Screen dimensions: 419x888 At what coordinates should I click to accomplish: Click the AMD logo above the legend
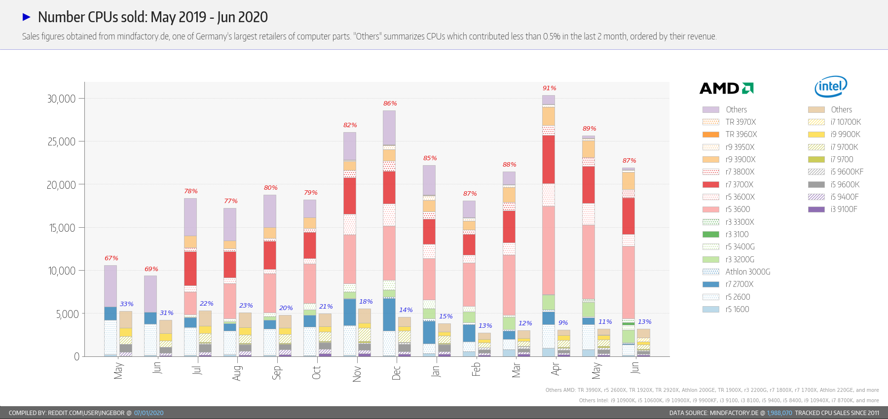point(726,88)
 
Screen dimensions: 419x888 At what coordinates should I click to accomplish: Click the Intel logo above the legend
point(831,87)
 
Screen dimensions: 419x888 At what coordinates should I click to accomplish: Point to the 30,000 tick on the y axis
point(62,99)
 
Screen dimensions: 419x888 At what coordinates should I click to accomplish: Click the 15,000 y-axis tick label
point(62,228)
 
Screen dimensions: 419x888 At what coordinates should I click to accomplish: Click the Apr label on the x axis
point(555,369)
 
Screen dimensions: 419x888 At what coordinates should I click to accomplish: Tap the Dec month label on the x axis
point(396,372)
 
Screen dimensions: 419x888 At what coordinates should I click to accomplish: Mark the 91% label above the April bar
point(549,88)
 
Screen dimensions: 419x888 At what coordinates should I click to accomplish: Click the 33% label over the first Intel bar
point(126,304)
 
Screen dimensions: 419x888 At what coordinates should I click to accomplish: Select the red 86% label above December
point(390,104)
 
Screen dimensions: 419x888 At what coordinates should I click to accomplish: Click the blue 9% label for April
point(563,323)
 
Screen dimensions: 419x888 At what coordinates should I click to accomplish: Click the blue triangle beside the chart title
point(27,17)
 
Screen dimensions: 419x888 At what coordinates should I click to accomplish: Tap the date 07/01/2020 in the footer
point(148,413)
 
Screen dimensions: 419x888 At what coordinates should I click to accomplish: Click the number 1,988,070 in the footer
point(779,413)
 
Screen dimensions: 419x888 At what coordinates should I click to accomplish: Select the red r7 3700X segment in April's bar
point(548,159)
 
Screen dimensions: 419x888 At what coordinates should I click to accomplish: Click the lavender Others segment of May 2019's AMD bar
point(111,286)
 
